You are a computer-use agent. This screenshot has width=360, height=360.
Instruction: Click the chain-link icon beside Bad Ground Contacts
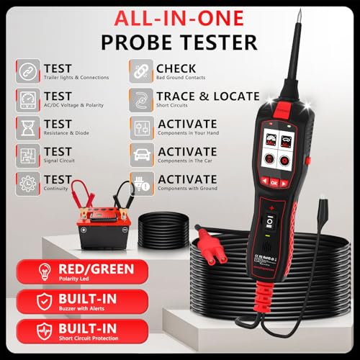(x=141, y=71)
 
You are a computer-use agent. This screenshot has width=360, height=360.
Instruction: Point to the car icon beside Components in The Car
(x=141, y=156)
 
